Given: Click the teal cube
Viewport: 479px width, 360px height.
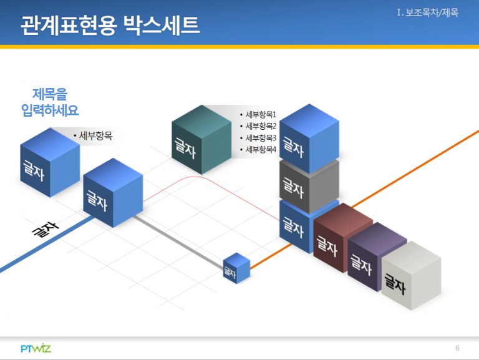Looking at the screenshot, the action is point(201,140).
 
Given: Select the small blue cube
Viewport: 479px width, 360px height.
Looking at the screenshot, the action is point(236,268).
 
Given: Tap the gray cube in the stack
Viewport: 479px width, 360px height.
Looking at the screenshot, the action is point(309,187).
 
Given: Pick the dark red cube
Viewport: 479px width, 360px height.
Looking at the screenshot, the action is point(343,238).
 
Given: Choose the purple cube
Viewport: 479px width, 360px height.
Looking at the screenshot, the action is point(377,256).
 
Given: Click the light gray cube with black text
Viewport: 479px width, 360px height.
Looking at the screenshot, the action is point(411,275).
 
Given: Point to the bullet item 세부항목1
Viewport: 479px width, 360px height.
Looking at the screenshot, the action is point(258,115).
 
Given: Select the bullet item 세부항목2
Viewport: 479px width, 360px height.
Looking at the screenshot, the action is point(258,126).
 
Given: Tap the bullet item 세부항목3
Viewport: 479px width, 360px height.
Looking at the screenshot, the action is point(258,138).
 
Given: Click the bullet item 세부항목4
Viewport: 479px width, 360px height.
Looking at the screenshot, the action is point(258,150).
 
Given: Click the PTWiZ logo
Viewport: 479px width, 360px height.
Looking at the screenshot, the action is point(36,348).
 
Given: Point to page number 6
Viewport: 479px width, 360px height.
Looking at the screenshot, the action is point(457,348).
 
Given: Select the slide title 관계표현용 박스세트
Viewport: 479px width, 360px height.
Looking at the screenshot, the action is point(110,26).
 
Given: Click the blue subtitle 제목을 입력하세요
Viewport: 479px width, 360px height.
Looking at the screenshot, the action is point(50,102).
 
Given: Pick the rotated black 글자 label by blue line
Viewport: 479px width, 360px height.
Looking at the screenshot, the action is point(45,229).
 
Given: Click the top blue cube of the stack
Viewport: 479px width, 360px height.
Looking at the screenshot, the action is point(309,139).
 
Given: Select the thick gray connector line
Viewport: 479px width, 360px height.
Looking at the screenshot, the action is point(179,242).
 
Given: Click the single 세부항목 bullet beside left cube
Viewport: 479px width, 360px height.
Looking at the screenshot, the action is point(93,135).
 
